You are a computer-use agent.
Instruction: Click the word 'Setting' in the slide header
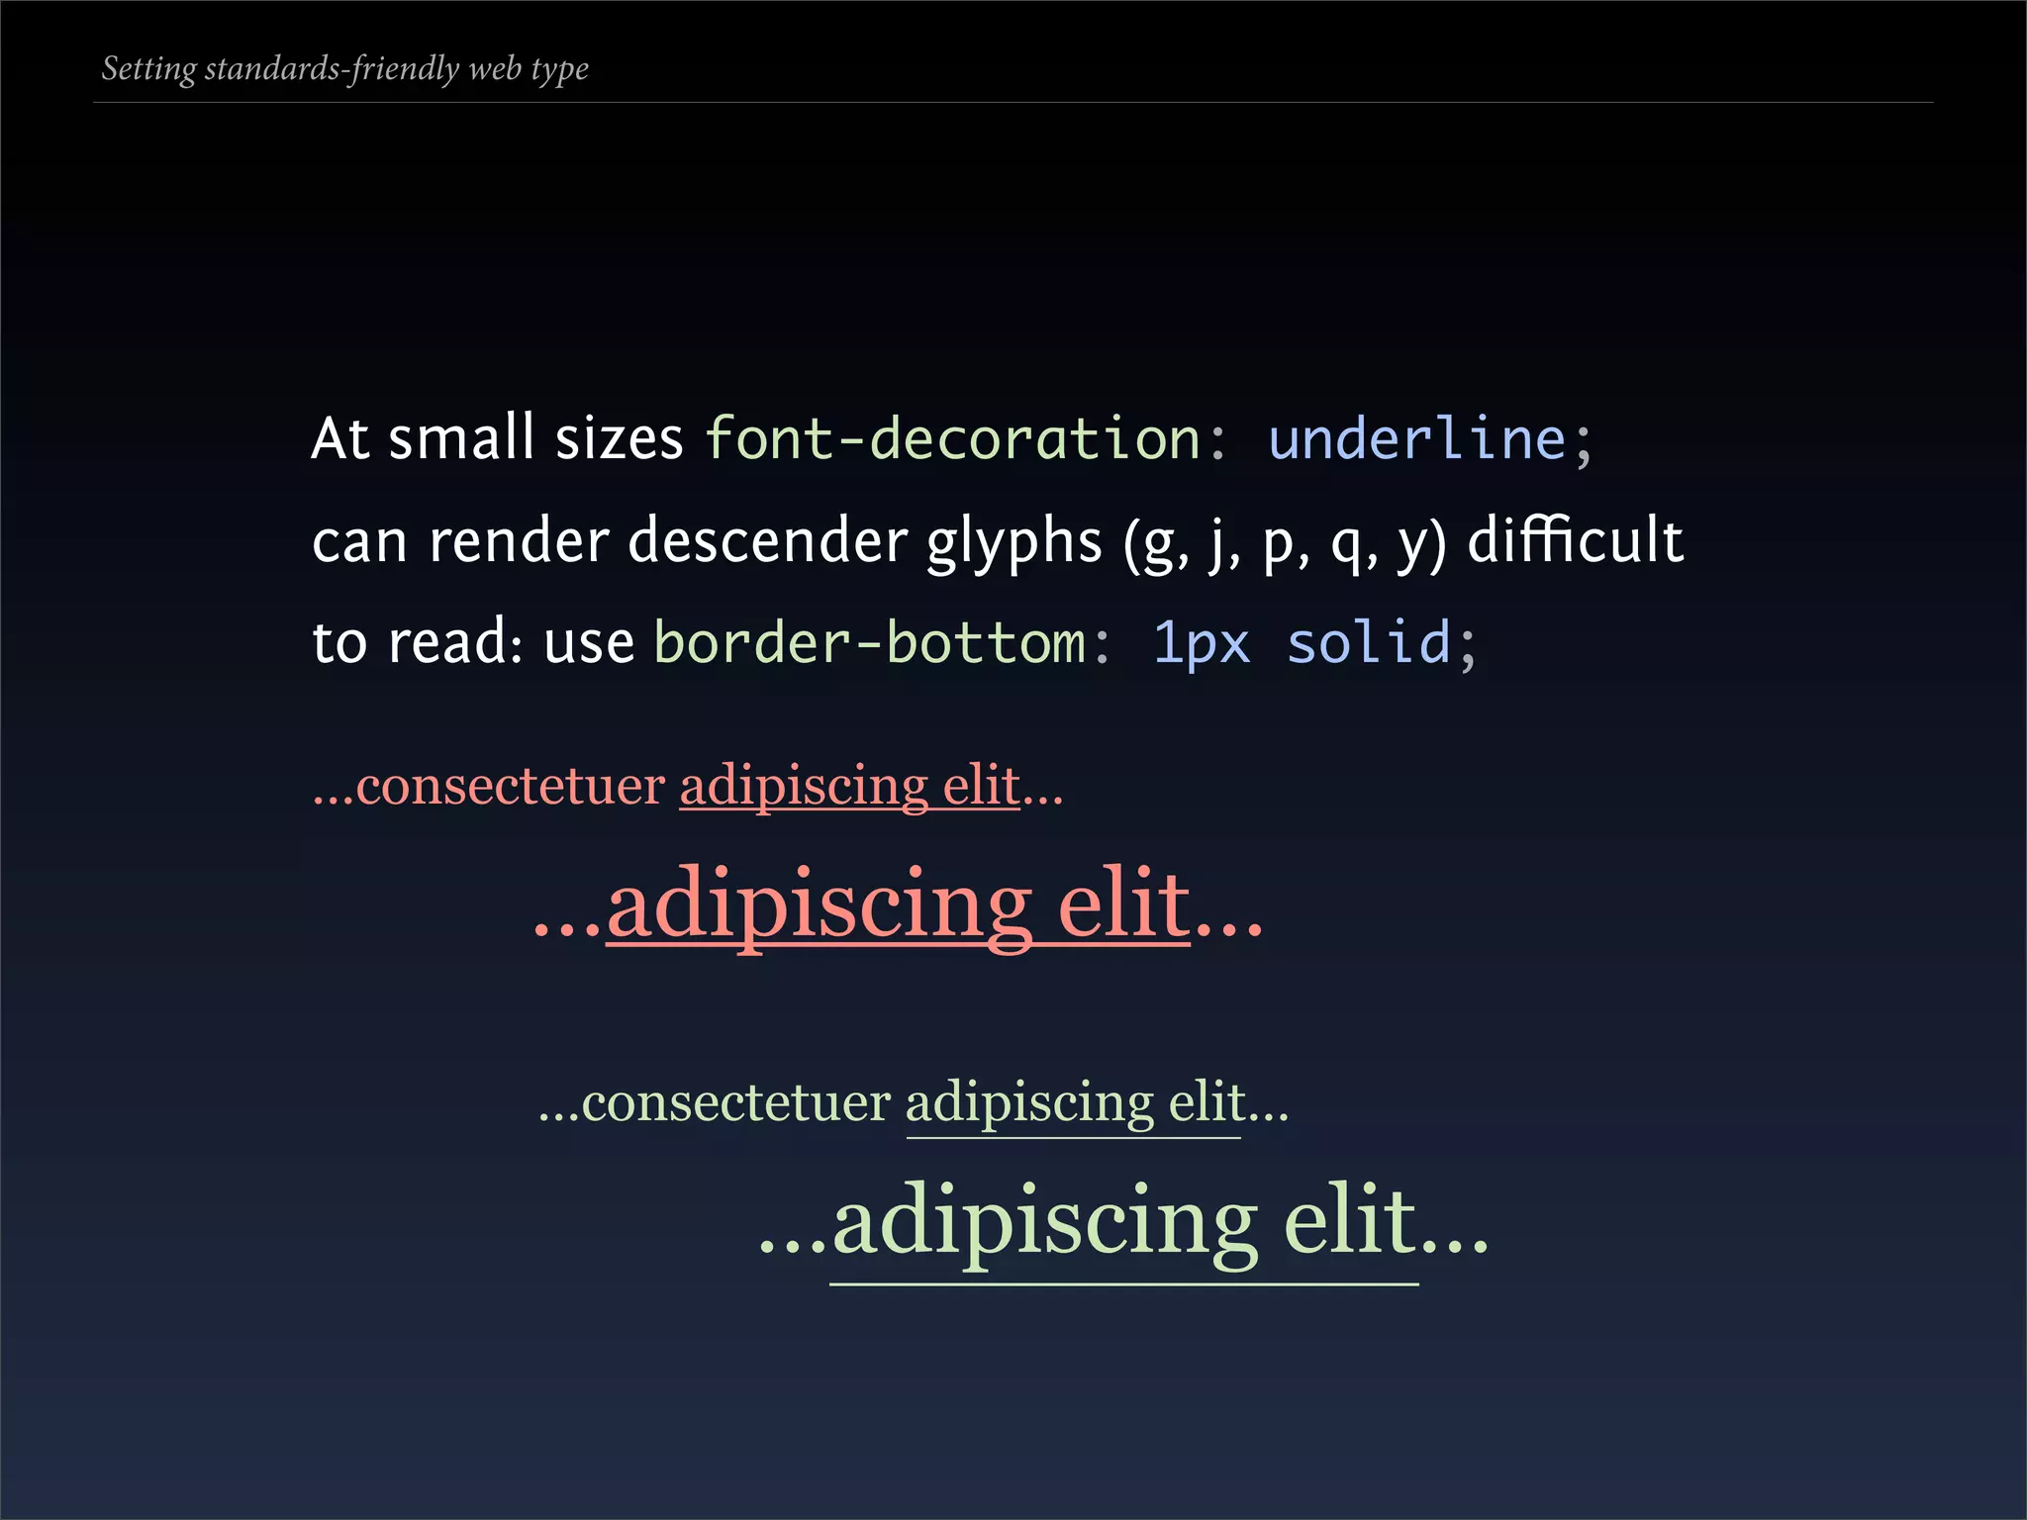point(148,69)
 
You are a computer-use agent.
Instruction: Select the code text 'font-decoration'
point(952,438)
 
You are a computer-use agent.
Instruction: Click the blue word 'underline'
point(1416,438)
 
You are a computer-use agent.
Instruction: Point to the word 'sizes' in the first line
point(619,438)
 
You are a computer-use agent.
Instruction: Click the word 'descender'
point(767,541)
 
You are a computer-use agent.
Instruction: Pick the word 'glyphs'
point(1013,543)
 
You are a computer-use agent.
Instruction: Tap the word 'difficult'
point(1575,541)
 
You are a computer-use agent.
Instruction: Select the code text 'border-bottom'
point(870,643)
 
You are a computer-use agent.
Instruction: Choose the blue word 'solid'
point(1368,643)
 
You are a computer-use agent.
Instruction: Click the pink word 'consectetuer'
point(510,787)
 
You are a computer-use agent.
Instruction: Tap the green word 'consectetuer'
point(735,1103)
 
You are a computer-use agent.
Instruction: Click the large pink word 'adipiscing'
point(819,905)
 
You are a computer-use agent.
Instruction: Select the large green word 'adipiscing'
point(1045,1224)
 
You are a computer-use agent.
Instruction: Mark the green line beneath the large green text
point(1123,1284)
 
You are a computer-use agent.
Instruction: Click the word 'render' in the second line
point(519,541)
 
